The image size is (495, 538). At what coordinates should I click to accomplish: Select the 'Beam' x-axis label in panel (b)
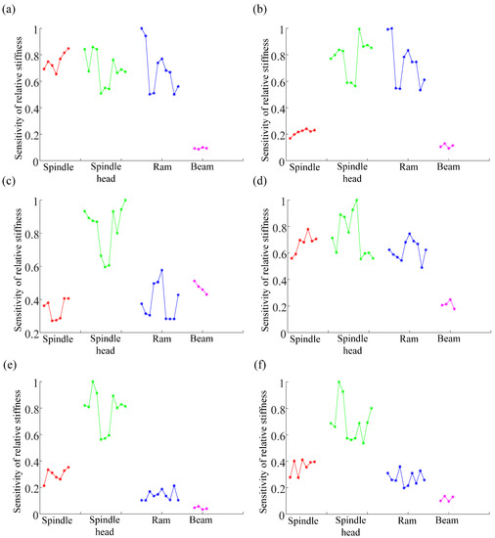point(448,168)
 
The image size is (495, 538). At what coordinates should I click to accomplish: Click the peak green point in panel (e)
point(93,381)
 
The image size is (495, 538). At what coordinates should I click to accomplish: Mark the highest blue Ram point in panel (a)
point(142,28)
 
